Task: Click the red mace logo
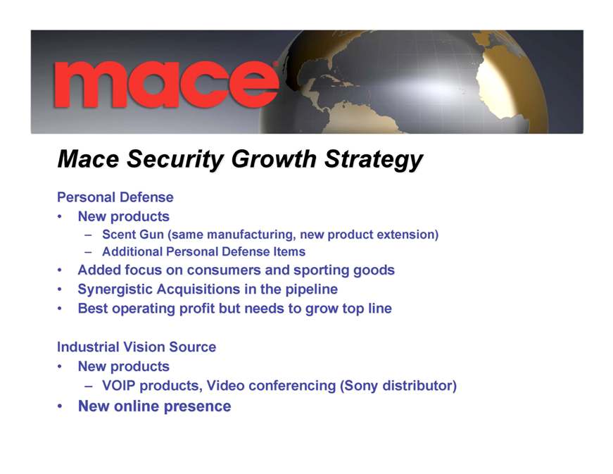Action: click(x=166, y=85)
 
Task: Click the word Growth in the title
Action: click(x=274, y=159)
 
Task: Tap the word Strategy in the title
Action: click(x=374, y=160)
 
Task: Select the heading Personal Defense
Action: click(x=115, y=197)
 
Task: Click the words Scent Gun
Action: click(x=133, y=235)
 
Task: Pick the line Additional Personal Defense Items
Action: click(x=203, y=251)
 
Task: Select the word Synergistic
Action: click(x=115, y=289)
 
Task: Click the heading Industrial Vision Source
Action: click(x=137, y=347)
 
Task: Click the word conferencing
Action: click(x=292, y=386)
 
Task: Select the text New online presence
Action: click(x=154, y=406)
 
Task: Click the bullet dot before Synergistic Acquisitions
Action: click(x=59, y=289)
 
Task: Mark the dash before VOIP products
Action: click(x=89, y=386)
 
